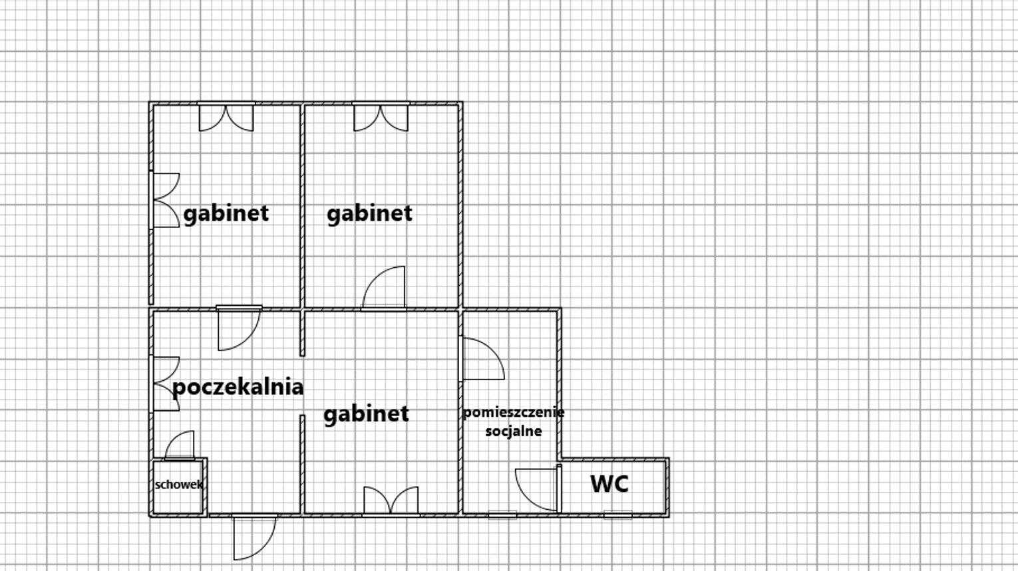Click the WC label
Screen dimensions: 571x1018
pyautogui.click(x=609, y=484)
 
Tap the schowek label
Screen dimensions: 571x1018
pyautogui.click(x=178, y=485)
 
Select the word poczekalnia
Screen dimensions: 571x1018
pyautogui.click(x=238, y=387)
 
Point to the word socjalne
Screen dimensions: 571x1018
pyautogui.click(x=513, y=431)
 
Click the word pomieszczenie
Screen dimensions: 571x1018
pyautogui.click(x=513, y=412)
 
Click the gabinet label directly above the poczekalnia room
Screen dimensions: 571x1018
pyautogui.click(x=226, y=213)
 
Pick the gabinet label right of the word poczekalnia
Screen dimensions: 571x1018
pyautogui.click(x=366, y=414)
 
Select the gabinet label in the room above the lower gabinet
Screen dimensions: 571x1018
pyautogui.click(x=369, y=213)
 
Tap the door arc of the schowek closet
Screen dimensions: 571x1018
pyautogui.click(x=180, y=446)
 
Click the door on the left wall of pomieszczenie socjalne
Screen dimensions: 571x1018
pyautogui.click(x=482, y=359)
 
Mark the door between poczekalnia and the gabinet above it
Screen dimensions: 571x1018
pyautogui.click(x=238, y=329)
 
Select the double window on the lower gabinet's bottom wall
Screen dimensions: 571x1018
pyautogui.click(x=391, y=501)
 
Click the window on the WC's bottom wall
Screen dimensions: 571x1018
pyautogui.click(x=617, y=514)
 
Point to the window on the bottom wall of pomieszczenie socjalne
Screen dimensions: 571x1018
pyautogui.click(x=502, y=514)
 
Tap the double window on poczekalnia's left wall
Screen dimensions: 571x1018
pyautogui.click(x=166, y=384)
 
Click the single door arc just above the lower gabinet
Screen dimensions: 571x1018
pyautogui.click(x=385, y=288)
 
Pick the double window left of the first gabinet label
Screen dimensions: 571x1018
pyautogui.click(x=166, y=200)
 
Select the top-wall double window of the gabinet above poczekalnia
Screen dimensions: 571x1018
pyautogui.click(x=226, y=117)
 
